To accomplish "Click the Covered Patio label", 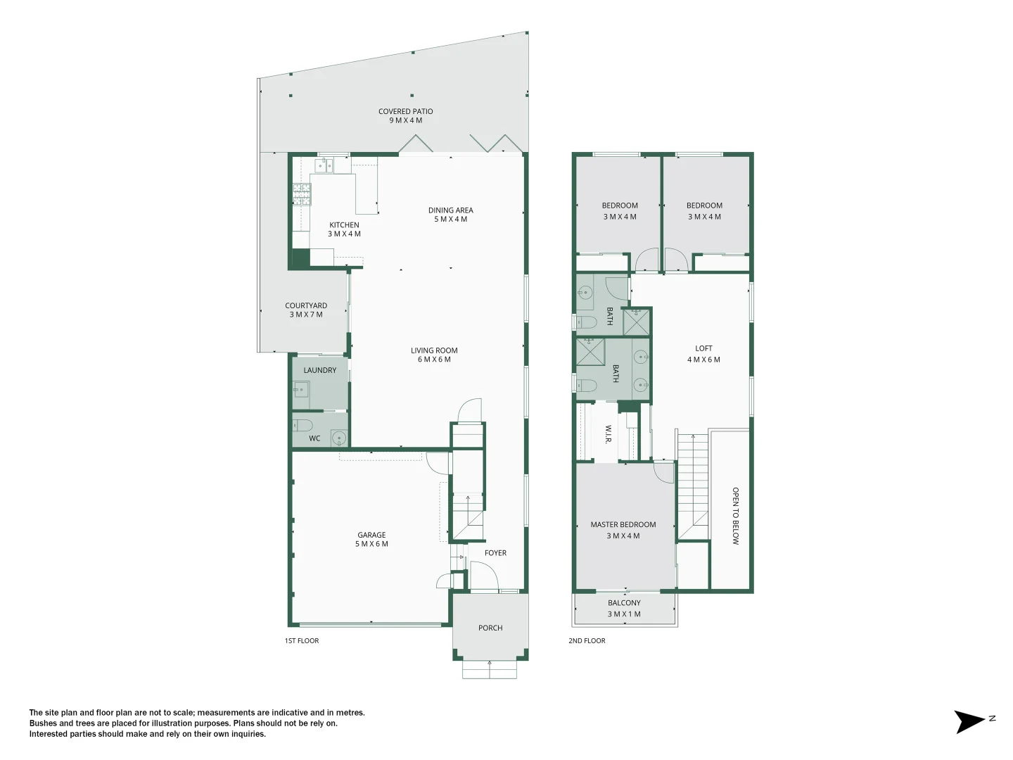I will click(405, 115).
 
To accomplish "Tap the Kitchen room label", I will click(344, 229).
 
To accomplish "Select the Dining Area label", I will click(450, 215).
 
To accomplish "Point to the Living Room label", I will click(434, 355).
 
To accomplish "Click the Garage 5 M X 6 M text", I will click(371, 539).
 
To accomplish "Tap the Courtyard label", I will click(306, 310).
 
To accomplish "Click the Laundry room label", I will click(320, 370).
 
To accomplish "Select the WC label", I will click(314, 438).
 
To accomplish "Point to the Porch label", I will click(490, 628).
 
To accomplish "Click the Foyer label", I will click(495, 553).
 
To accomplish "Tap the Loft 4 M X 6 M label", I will click(703, 353).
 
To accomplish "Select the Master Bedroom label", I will click(623, 530).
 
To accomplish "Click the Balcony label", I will click(624, 608).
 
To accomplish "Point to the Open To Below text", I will click(735, 516).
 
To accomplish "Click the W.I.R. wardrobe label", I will click(608, 433).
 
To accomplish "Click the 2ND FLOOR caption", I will click(587, 640).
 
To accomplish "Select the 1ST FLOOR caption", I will click(302, 640).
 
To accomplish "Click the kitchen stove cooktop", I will click(302, 194).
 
